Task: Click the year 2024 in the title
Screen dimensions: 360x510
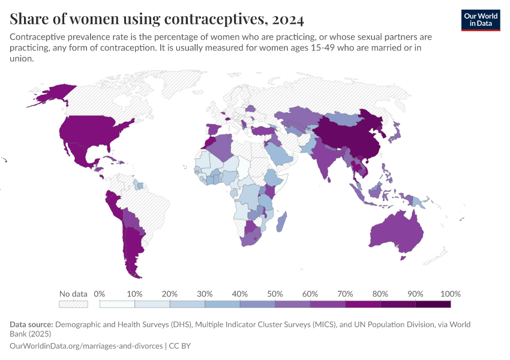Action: click(x=287, y=19)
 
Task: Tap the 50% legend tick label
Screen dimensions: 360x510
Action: click(x=275, y=294)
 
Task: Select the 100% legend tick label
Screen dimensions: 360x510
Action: click(x=450, y=294)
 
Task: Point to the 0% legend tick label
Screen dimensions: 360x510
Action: click(x=100, y=294)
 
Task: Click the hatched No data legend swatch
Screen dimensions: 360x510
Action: click(x=73, y=304)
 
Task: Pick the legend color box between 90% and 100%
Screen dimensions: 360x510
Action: click(x=433, y=304)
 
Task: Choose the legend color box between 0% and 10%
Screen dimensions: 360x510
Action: click(x=117, y=304)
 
